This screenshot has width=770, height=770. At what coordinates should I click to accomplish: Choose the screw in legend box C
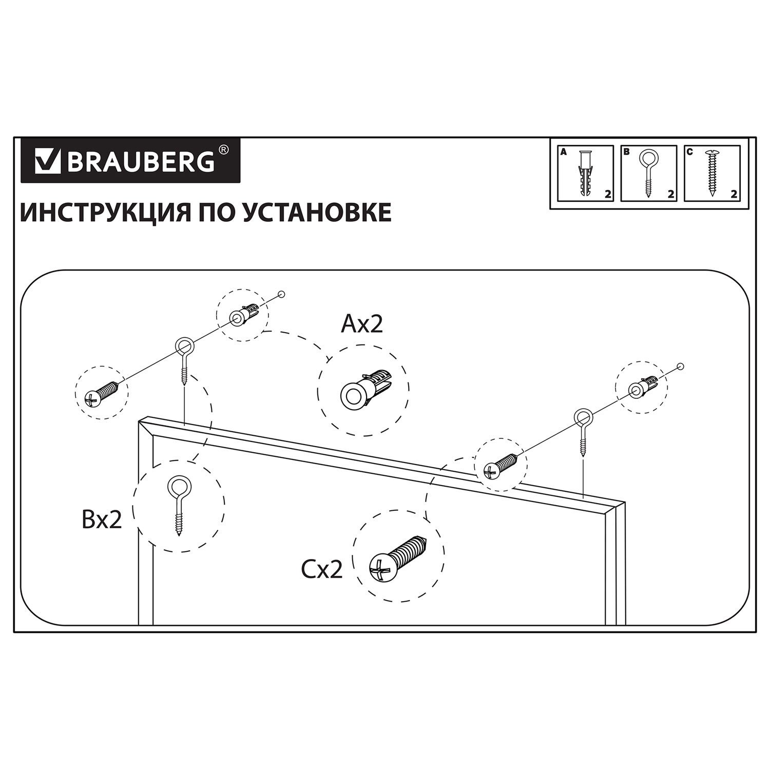(x=712, y=174)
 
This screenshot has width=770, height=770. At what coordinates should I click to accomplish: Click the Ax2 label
(x=362, y=324)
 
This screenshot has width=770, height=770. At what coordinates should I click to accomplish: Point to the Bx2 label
(x=101, y=520)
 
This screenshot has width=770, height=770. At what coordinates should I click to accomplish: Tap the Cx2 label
(x=322, y=570)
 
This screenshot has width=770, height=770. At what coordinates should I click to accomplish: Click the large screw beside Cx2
(x=397, y=560)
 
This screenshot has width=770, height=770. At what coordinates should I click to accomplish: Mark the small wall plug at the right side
(x=644, y=388)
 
